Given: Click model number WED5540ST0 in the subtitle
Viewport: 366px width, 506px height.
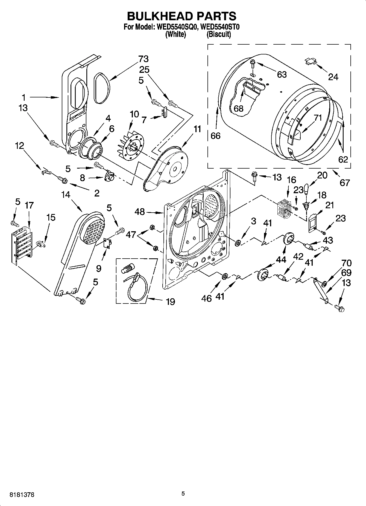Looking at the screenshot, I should click(220, 27).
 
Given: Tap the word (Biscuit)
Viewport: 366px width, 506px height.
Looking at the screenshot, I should click(218, 34).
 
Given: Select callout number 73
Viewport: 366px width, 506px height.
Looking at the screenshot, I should click(143, 59).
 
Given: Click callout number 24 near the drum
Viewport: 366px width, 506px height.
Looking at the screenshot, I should click(333, 77).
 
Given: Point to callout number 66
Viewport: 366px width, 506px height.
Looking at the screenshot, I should click(215, 135).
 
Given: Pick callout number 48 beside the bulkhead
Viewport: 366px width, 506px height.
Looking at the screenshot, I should click(140, 212).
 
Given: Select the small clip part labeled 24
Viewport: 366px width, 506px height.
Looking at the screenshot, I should click(311, 61).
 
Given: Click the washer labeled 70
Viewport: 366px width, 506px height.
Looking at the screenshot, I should click(324, 284).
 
